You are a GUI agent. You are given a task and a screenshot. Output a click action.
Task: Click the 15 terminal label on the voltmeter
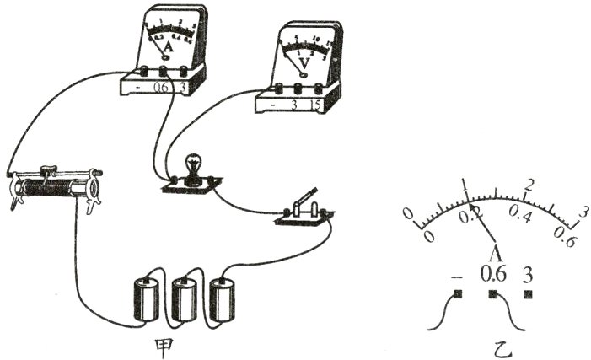click(x=318, y=105)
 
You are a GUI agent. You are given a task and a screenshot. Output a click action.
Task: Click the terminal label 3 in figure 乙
click(x=529, y=275)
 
